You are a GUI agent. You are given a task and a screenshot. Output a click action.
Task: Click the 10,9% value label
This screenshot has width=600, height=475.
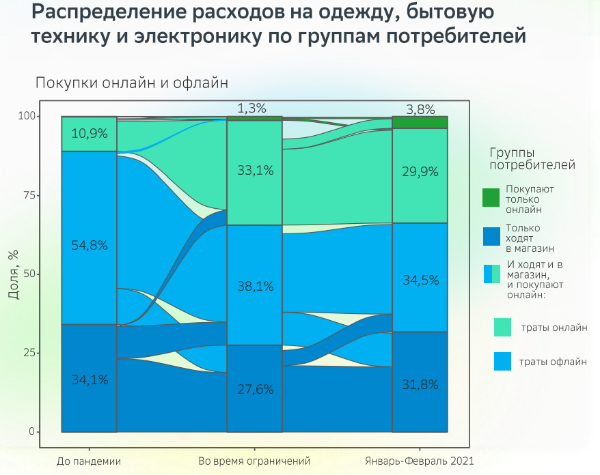click(89, 134)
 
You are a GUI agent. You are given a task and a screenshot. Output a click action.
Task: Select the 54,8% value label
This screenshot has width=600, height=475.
click(89, 246)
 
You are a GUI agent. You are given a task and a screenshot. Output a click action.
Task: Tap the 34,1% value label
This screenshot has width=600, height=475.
click(89, 380)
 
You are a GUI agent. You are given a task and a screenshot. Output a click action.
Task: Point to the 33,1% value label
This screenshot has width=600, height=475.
click(254, 171)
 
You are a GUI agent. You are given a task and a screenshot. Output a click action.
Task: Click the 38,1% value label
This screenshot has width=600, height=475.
click(254, 287)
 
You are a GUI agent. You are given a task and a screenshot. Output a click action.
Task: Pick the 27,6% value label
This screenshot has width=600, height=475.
click(254, 390)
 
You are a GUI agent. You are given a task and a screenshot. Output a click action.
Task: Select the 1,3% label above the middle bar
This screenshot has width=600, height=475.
click(251, 108)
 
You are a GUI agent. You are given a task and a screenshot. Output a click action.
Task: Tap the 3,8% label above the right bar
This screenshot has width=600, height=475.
click(420, 109)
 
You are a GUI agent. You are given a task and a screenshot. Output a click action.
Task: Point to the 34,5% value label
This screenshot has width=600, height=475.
click(420, 280)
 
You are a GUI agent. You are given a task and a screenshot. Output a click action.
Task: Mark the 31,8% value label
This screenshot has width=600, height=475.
click(420, 384)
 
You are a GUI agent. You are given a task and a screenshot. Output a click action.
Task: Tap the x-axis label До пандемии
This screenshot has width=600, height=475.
click(89, 461)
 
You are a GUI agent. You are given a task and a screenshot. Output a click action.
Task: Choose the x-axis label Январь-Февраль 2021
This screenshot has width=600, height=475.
click(420, 461)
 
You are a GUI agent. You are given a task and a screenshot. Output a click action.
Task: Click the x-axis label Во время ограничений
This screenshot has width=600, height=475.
click(254, 461)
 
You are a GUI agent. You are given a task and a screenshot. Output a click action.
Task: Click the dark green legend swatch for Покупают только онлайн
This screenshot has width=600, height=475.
click(492, 198)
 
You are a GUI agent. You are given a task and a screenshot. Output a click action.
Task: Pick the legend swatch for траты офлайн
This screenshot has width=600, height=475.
click(502, 362)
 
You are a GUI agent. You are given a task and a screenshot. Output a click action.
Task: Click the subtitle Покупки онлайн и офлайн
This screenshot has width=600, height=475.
click(131, 83)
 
